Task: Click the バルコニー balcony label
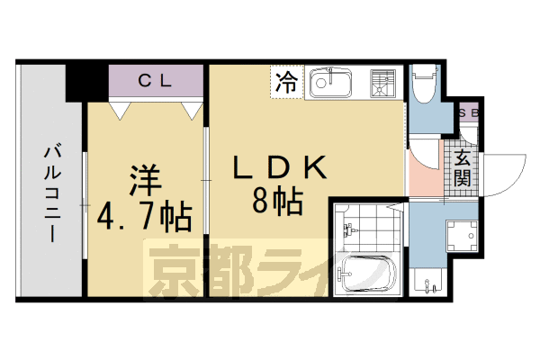tap(51, 193)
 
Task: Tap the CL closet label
tap(156, 80)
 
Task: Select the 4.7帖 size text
tap(146, 217)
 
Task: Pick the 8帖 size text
tap(276, 199)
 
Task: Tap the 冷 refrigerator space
tap(285, 84)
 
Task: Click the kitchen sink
tap(332, 85)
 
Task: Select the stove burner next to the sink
tap(382, 84)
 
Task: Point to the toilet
tap(424, 86)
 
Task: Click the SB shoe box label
tap(468, 113)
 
